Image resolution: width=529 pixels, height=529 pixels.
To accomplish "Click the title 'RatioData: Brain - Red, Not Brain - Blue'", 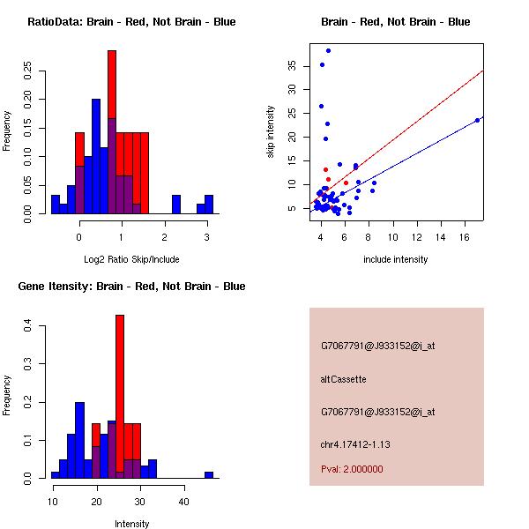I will [131, 22].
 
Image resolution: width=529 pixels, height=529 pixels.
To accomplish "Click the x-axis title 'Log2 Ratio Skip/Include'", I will [130, 258].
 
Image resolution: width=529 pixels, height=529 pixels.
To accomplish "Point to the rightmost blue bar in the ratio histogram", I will [209, 205].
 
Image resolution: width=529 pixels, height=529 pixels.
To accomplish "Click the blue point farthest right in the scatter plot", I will [477, 120].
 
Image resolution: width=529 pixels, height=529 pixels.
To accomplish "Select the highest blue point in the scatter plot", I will [328, 50].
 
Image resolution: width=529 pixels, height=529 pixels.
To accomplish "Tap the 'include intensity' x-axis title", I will [396, 259].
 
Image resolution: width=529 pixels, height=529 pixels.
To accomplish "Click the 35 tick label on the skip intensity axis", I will [292, 64].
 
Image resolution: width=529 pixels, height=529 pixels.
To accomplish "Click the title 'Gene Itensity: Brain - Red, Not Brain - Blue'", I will [131, 287].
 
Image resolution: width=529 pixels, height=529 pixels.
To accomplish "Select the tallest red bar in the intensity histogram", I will [120, 397].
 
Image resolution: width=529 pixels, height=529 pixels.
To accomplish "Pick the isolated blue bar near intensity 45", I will [209, 474].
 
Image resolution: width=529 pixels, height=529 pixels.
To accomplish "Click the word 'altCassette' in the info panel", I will [343, 379].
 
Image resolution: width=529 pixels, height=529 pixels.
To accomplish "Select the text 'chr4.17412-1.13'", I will [355, 444].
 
